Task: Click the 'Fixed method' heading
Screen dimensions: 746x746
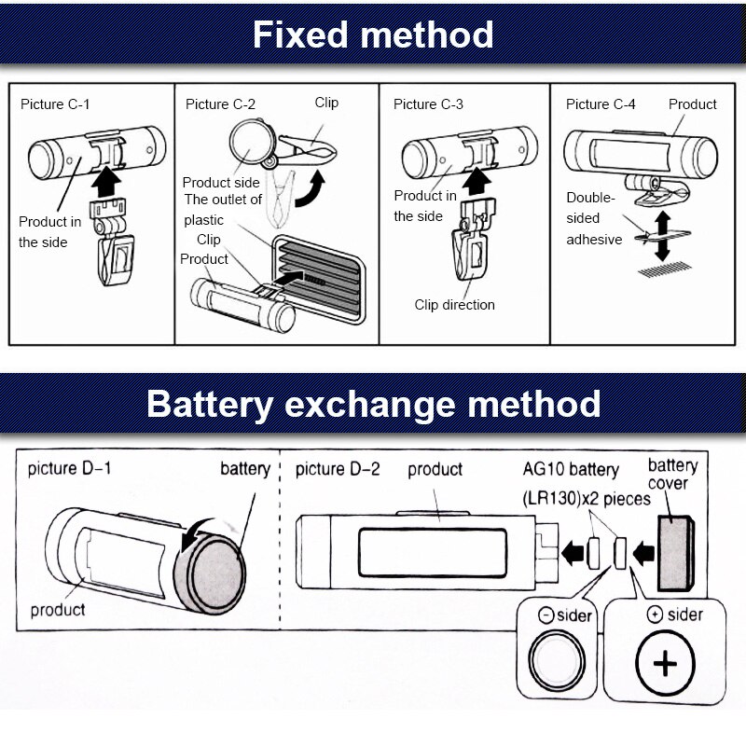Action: tap(373, 35)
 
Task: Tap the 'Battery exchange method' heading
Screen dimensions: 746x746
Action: tap(373, 404)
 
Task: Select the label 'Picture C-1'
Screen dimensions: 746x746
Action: tap(56, 104)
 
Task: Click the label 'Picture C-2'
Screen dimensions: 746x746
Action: tap(220, 104)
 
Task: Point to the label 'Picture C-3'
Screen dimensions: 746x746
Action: tap(428, 104)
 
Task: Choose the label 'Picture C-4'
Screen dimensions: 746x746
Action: tap(601, 104)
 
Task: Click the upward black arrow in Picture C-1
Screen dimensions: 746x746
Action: tap(109, 177)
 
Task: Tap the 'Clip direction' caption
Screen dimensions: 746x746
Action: tap(455, 305)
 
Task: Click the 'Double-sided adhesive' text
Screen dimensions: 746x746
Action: tap(594, 218)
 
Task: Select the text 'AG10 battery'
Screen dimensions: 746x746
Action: tap(569, 469)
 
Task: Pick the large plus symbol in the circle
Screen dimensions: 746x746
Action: tap(665, 664)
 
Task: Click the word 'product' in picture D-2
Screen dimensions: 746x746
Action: tap(435, 469)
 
